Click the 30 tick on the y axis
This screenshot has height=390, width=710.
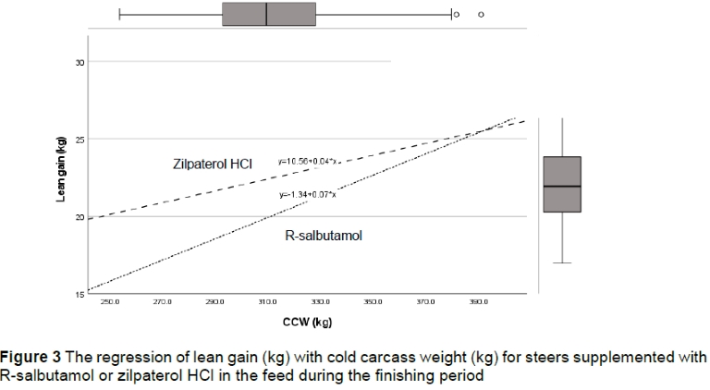80,62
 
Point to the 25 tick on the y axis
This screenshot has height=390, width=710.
80,139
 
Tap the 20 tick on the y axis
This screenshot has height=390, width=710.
80,216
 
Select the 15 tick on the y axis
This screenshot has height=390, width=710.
80,294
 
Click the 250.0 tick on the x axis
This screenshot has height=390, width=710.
111,303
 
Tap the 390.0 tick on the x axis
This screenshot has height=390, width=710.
479,303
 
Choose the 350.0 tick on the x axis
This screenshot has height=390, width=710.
373,303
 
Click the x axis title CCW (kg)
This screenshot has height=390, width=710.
308,322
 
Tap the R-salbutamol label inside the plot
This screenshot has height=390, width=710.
324,236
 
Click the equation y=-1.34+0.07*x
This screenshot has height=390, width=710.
308,195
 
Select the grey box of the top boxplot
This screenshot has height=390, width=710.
269,14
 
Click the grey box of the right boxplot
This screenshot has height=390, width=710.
562,185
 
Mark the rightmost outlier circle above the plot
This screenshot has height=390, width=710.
481,14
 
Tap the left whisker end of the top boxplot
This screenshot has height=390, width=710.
120,14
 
